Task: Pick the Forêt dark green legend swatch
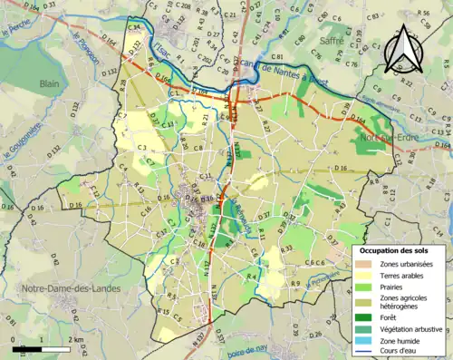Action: tap(363, 316)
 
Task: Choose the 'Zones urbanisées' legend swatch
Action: tap(363, 264)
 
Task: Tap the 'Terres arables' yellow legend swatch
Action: tap(363, 275)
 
